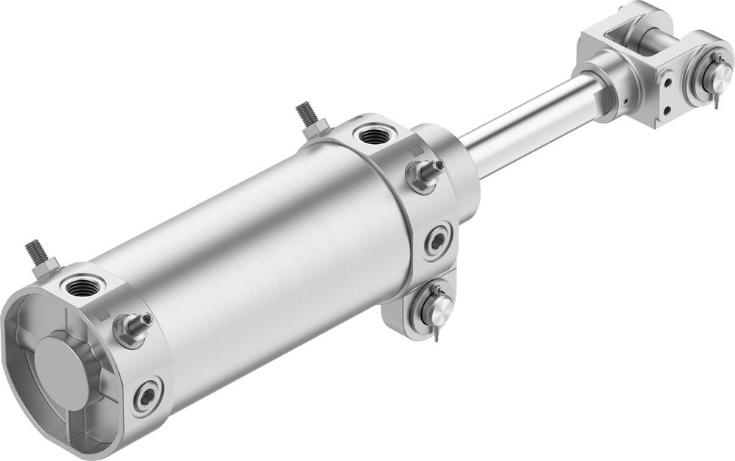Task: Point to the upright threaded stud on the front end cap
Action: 306,115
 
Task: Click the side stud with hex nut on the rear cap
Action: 135,326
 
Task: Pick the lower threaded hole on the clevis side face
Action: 667,111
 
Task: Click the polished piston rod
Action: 529,125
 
